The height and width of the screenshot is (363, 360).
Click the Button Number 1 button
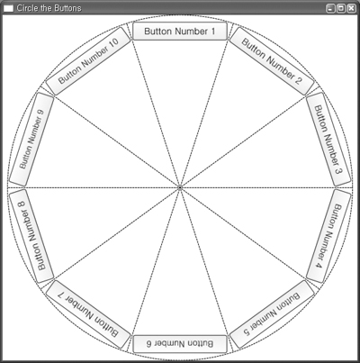180,31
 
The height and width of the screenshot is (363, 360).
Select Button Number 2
272,61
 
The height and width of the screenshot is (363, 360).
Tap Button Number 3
328,140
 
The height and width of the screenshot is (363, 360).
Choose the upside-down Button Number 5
272,314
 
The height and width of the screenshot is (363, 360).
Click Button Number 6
180,344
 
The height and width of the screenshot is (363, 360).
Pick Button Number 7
88,314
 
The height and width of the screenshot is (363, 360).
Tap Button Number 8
31,236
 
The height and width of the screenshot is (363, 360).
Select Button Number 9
31,140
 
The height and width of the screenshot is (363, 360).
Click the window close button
351,8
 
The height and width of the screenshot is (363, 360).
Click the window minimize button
330,8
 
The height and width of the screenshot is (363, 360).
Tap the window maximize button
341,8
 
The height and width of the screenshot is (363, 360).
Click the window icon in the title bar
8,8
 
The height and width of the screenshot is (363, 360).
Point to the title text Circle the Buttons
49,8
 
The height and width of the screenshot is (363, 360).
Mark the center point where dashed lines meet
180,187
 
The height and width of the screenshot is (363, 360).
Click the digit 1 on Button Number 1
212,31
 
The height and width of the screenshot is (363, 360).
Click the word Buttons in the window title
67,8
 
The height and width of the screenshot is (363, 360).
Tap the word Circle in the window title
27,8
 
